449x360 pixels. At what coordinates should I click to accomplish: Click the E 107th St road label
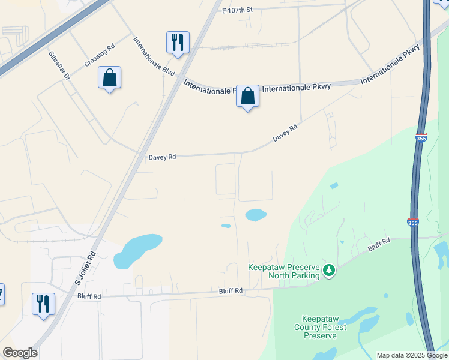click(238, 10)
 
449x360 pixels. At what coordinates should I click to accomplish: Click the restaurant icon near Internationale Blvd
click(178, 43)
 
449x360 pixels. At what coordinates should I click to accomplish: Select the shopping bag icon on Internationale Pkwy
click(247, 96)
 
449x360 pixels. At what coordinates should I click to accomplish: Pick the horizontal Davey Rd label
click(163, 157)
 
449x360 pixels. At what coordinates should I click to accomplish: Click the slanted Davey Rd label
click(285, 133)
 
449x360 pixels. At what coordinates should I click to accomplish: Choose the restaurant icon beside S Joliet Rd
click(43, 303)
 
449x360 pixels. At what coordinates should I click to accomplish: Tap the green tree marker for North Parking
click(328, 271)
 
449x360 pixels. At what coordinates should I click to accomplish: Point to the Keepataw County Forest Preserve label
click(320, 326)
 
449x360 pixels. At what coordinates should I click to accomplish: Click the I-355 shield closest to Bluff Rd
click(412, 221)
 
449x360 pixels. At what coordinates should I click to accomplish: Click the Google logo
click(20, 352)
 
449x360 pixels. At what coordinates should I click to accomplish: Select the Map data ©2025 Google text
click(411, 355)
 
